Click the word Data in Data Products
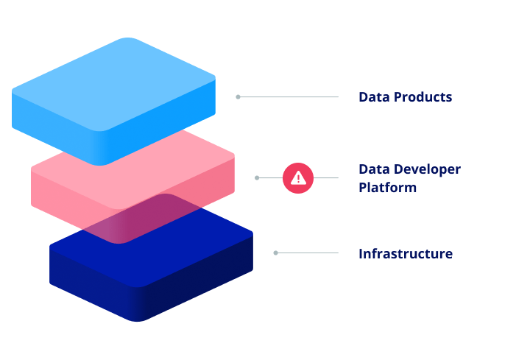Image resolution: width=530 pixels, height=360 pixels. (372, 97)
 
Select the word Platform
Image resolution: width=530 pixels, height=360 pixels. (387, 187)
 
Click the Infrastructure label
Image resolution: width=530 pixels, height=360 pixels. (405, 254)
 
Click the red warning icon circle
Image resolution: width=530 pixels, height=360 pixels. (298, 177)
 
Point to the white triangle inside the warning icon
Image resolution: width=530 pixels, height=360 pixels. (298, 177)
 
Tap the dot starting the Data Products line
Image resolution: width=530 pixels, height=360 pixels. (238, 97)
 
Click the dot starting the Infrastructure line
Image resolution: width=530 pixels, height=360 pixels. (275, 253)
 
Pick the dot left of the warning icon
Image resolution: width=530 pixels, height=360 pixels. (257, 177)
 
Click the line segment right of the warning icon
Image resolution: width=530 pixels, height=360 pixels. (326, 177)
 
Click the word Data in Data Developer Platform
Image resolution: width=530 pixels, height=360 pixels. (372, 169)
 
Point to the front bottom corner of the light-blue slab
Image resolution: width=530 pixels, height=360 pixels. (102, 163)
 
